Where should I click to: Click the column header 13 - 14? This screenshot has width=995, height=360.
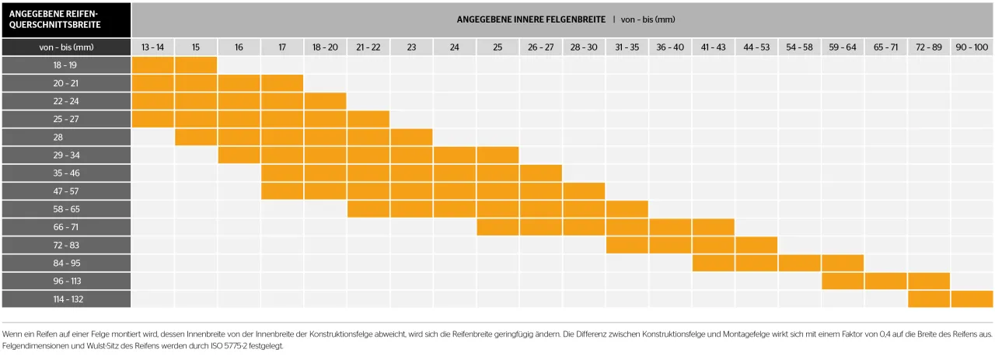(152, 47)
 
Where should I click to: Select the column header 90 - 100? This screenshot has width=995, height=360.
(972, 47)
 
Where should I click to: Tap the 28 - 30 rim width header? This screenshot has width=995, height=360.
(584, 47)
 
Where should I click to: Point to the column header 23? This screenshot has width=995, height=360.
(411, 47)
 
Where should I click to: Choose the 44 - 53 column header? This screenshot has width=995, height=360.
(756, 47)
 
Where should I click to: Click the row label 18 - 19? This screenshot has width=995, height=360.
(65, 65)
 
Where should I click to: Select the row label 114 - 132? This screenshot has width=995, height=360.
(65, 299)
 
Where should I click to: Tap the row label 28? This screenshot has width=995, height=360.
(65, 137)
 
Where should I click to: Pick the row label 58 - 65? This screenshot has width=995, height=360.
(65, 209)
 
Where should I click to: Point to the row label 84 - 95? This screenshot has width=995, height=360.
(65, 263)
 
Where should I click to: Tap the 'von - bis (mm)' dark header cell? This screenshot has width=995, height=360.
(65, 47)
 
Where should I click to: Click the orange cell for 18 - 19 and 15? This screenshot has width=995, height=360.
(196, 65)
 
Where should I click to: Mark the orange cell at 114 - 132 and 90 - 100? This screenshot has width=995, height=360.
(972, 299)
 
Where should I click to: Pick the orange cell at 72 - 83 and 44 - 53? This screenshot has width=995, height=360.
(756, 245)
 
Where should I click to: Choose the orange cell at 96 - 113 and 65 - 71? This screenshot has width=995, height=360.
(885, 281)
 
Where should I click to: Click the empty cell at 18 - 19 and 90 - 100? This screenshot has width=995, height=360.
(972, 65)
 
